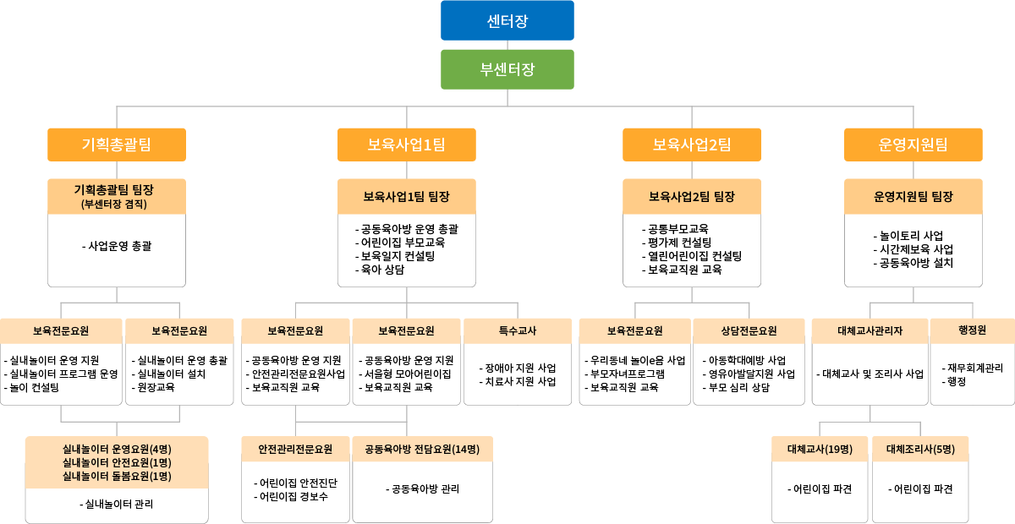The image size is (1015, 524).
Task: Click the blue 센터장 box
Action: (507, 20)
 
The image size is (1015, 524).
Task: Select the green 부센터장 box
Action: (507, 69)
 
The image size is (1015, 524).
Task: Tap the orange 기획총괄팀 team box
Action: (117, 145)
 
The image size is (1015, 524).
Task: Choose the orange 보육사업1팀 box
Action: (407, 145)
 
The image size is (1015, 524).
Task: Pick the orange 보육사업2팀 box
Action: (692, 145)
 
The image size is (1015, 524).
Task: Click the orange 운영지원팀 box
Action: (913, 145)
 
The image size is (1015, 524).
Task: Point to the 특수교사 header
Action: (518, 330)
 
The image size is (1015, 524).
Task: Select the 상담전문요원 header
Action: (749, 330)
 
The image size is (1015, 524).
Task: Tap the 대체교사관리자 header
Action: (870, 330)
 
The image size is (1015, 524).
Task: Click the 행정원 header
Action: (973, 330)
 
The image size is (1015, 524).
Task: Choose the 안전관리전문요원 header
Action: (295, 449)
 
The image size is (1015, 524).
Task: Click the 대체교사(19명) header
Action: (820, 449)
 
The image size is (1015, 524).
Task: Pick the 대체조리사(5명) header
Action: (920, 449)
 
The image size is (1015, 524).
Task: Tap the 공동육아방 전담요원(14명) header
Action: (422, 449)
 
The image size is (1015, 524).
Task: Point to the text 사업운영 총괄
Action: (119, 246)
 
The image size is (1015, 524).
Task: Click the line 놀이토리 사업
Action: (908, 236)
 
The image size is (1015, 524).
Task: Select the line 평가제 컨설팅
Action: (677, 243)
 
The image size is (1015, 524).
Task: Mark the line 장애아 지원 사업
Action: (518, 368)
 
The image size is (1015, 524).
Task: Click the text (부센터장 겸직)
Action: (114, 205)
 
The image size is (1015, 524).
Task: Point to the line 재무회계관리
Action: (973, 368)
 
